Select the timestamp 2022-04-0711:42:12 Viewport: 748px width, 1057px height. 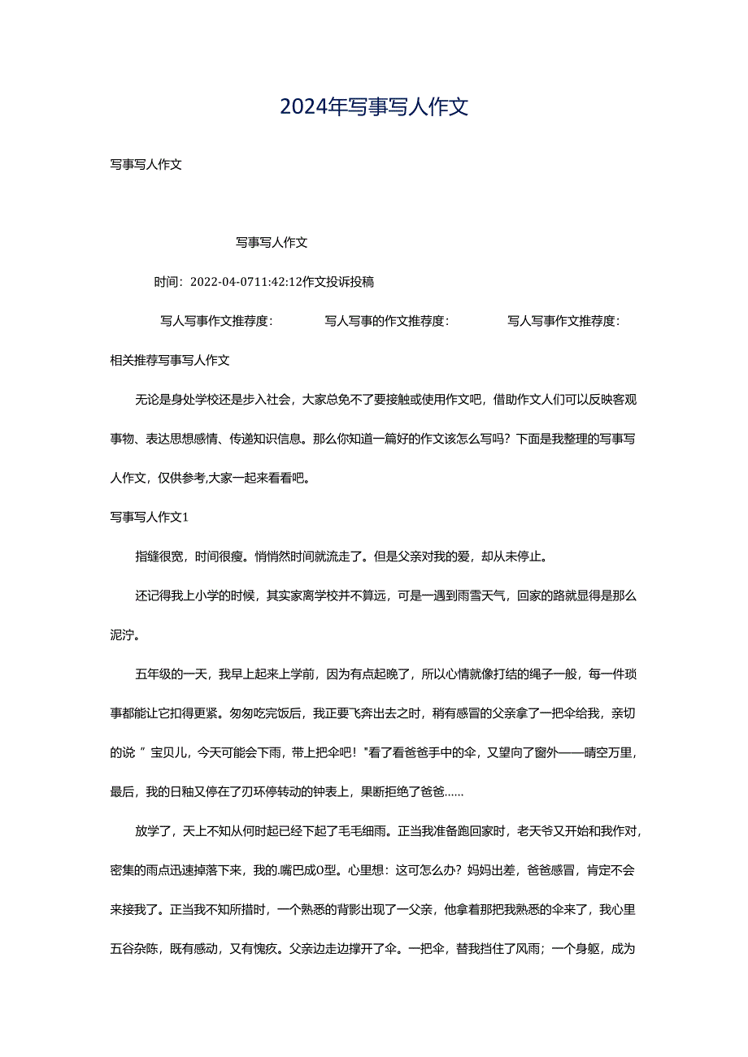pyautogui.click(x=245, y=282)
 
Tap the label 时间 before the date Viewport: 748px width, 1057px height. pyautogui.click(x=166, y=282)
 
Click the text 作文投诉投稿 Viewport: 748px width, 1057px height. pyautogui.click(x=337, y=282)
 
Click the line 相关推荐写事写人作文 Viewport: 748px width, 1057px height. pyautogui.click(x=170, y=360)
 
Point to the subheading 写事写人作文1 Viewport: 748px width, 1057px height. pyautogui.click(x=150, y=517)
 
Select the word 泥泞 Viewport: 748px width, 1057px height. pyautogui.click(x=123, y=635)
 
